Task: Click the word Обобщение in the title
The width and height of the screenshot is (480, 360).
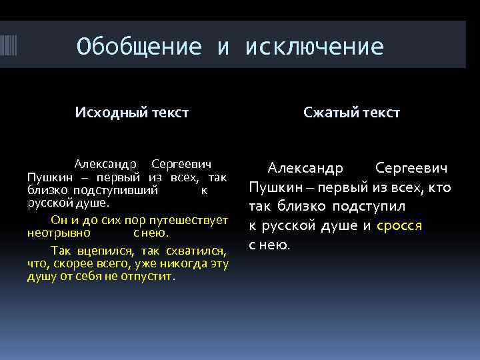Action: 139,47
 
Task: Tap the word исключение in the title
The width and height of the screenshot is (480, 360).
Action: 315,47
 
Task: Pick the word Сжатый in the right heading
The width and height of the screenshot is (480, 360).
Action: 330,113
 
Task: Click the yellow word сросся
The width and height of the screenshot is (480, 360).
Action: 399,225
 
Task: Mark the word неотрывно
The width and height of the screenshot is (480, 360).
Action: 59,233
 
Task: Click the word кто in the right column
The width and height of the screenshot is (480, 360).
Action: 439,187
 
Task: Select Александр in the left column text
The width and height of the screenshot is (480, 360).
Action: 105,164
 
